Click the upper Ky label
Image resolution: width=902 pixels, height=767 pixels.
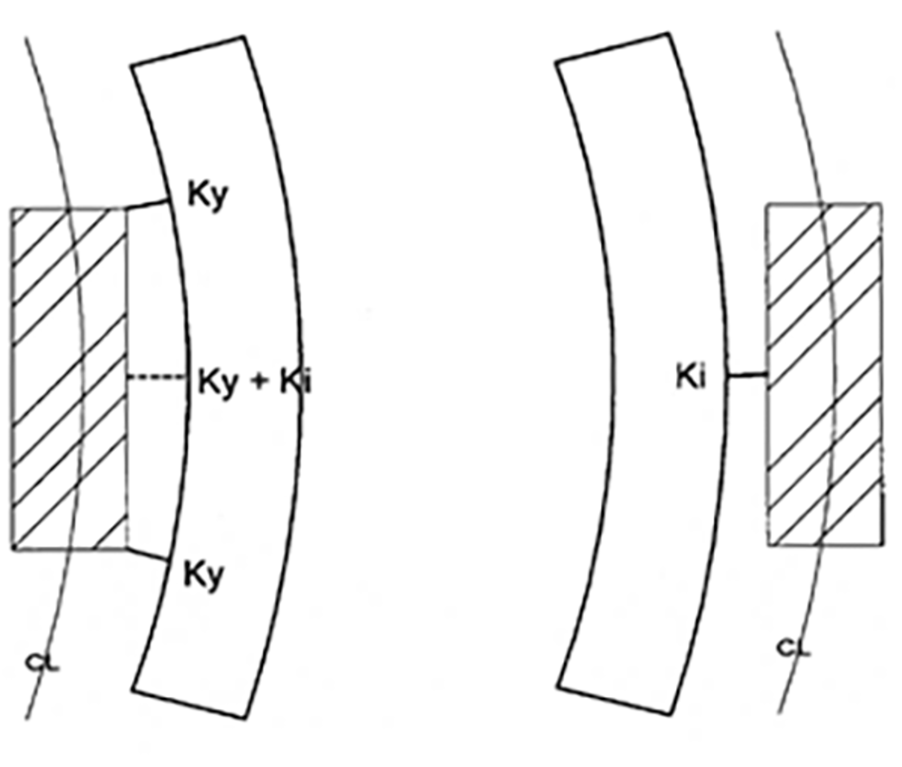click(208, 195)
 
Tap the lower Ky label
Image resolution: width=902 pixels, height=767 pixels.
click(204, 575)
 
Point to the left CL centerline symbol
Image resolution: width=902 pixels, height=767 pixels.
click(43, 663)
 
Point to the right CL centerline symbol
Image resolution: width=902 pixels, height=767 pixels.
click(794, 648)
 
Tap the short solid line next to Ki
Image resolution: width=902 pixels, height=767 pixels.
click(746, 374)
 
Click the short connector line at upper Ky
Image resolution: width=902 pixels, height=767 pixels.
click(148, 204)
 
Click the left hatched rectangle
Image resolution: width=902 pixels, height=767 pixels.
click(68, 378)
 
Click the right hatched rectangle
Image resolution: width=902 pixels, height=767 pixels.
click(823, 374)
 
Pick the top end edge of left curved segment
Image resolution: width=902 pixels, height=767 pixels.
click(188, 51)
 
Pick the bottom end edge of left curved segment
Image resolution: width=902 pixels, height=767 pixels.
click(189, 704)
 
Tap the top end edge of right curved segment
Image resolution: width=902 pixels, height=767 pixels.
click(612, 47)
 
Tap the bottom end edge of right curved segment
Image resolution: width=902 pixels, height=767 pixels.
click(614, 701)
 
